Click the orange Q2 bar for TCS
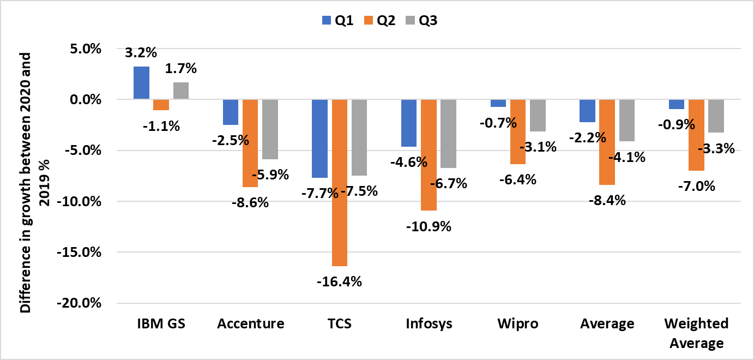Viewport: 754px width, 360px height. (339, 183)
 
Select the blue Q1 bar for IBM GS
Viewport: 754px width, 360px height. (141, 83)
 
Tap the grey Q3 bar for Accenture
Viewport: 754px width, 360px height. (270, 129)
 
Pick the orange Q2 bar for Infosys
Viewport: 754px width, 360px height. (429, 155)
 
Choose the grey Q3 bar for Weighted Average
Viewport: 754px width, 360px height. (715, 116)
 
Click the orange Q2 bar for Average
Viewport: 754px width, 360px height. (607, 142)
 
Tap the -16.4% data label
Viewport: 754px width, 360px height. (340, 282)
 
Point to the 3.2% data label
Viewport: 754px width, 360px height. (141, 53)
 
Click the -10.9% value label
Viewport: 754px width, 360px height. (429, 226)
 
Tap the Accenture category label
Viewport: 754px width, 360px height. (250, 323)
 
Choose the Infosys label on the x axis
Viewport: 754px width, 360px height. (429, 323)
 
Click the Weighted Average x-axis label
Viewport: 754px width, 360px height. (696, 333)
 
